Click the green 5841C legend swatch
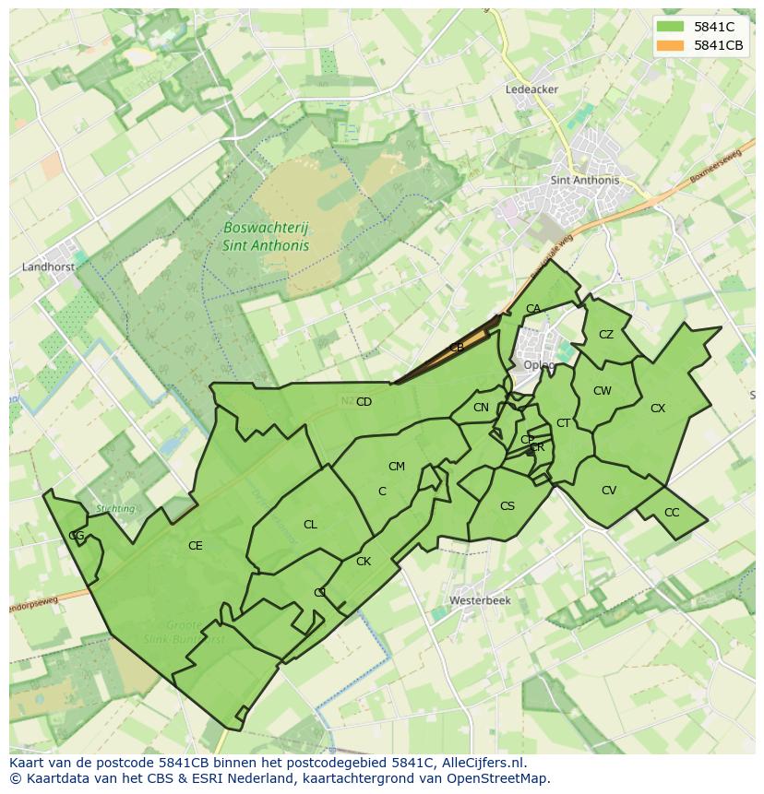(x=670, y=27)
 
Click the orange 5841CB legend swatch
(x=670, y=45)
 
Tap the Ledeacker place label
(x=531, y=89)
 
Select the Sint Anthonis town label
(x=584, y=181)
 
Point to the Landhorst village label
(x=47, y=267)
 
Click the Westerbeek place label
(x=480, y=599)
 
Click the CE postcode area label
(x=195, y=546)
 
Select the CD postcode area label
(x=364, y=402)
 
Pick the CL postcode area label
(x=310, y=525)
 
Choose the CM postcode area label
(x=397, y=467)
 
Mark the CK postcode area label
(x=364, y=562)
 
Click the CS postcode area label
(x=507, y=506)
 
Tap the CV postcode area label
(x=609, y=491)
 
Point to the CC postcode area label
(x=672, y=513)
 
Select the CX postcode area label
(x=658, y=409)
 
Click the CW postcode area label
(x=603, y=391)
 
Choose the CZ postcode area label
(x=606, y=335)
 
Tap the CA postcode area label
(x=533, y=309)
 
